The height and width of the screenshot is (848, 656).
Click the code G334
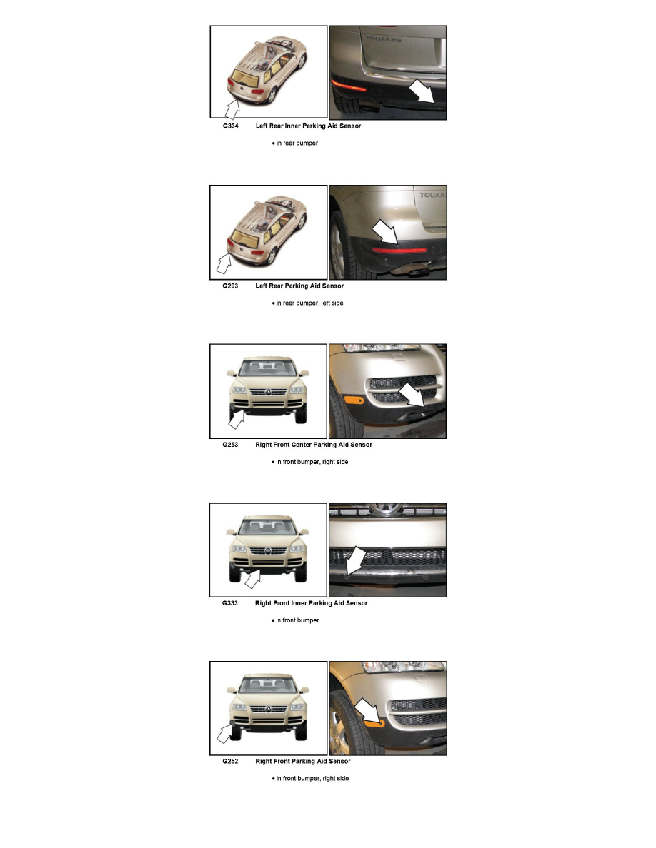point(230,126)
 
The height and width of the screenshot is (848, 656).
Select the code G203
point(230,286)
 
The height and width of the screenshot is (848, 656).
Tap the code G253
point(230,445)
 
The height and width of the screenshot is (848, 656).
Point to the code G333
point(230,603)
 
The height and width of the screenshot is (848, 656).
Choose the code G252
point(230,762)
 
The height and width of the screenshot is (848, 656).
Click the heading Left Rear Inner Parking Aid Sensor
point(308,126)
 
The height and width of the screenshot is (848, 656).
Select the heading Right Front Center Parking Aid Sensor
point(313,445)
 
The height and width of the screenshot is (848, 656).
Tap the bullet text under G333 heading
point(297,620)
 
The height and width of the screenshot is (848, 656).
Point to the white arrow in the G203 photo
point(384,233)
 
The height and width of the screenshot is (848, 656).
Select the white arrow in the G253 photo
point(413,395)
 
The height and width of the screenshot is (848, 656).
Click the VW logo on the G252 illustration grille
point(268,709)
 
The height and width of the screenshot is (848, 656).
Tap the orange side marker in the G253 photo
point(354,400)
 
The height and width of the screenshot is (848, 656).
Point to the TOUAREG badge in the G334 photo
point(383,39)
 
